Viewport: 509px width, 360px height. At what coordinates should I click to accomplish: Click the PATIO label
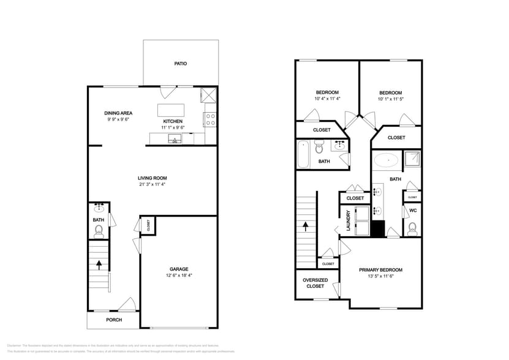pos(180,64)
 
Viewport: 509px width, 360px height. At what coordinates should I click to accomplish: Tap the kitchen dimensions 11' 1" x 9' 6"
pos(173,127)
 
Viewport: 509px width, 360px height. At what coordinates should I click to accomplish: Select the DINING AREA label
pos(118,113)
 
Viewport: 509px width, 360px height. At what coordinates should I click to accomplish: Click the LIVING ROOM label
pos(152,178)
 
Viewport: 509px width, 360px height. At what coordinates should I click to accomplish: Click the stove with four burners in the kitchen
pos(210,119)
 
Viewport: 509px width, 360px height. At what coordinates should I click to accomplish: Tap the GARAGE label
pos(179,269)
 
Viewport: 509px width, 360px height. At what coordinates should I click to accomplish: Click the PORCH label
pos(114,320)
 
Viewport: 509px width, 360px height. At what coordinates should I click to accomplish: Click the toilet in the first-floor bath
pos(99,231)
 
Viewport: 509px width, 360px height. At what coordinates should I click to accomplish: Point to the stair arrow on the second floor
pos(306,227)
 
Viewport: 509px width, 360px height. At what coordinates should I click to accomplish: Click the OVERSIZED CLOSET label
pos(315,283)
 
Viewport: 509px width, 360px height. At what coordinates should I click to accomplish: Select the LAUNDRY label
pos(348,220)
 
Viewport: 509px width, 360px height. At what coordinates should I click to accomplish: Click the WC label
pos(412,211)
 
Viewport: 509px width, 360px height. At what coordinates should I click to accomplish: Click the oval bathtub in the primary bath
pos(386,161)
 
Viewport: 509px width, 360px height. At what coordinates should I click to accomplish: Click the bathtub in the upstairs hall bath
pos(303,155)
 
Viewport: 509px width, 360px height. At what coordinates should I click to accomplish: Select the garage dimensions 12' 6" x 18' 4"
pos(179,276)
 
